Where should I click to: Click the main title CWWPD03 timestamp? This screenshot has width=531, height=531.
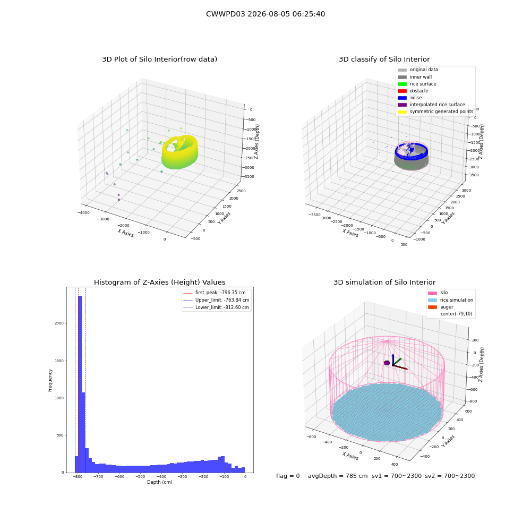tap(265, 14)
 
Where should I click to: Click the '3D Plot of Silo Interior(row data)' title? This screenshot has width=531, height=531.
tap(159, 59)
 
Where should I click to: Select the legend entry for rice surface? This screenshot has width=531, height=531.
tap(417, 84)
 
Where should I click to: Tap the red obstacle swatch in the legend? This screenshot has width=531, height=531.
tap(402, 91)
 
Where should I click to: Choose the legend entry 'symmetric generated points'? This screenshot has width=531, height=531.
tap(435, 112)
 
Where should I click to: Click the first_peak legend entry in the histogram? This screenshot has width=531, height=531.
tap(215, 293)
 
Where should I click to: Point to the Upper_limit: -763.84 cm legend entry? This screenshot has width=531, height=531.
tap(217, 300)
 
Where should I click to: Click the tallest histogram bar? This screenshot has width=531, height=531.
tap(80, 384)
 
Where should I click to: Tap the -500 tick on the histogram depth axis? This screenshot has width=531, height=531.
tap(141, 476)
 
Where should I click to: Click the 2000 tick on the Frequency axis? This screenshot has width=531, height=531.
tap(59, 323)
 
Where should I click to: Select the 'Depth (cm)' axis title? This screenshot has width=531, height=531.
tap(160, 482)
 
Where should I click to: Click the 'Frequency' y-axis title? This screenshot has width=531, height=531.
tap(50, 380)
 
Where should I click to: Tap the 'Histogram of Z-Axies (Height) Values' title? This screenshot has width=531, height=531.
tap(159, 282)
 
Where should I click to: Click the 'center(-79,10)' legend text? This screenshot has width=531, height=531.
tap(456, 314)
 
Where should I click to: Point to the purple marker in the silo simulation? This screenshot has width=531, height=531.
tap(387, 363)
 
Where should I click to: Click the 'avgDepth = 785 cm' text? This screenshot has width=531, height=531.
tap(338, 476)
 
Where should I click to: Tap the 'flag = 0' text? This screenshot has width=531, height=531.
tap(288, 476)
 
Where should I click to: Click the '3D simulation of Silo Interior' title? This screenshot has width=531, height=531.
tap(384, 282)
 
